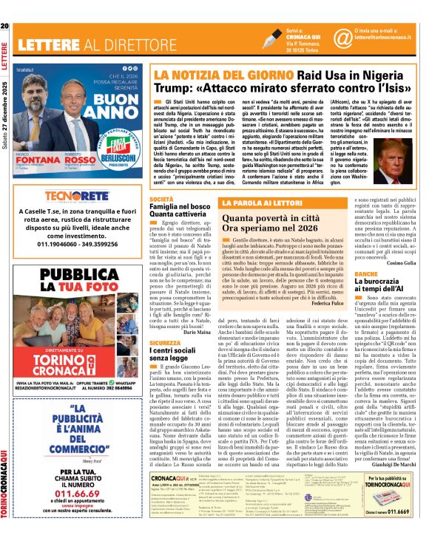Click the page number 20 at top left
[5, 6]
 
